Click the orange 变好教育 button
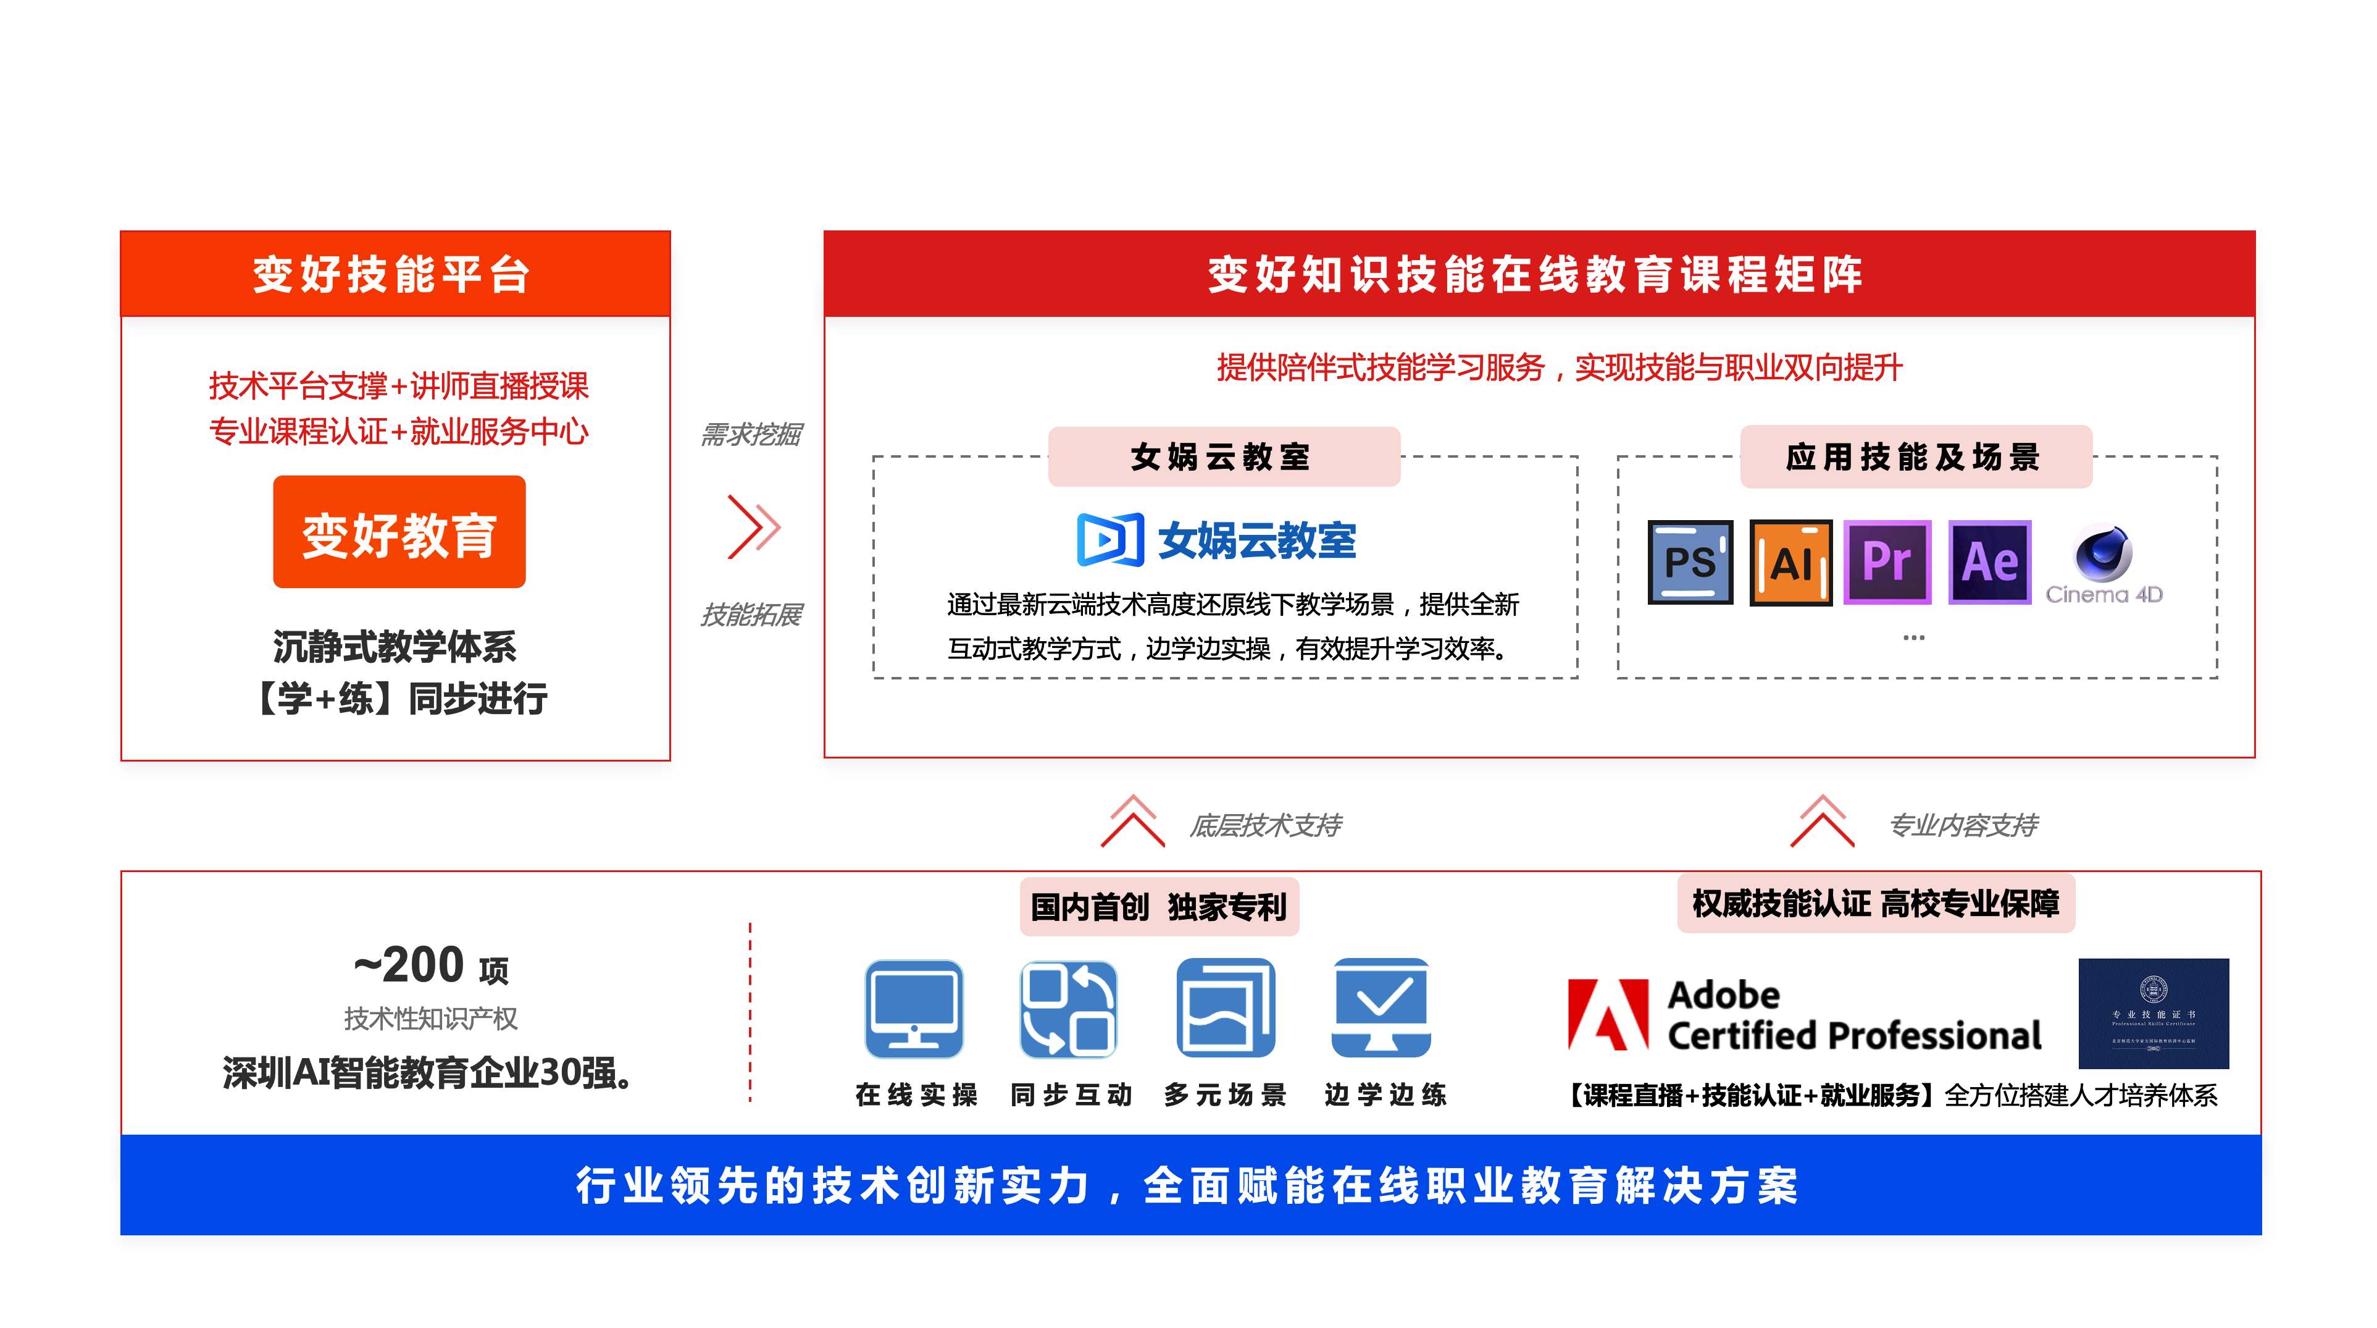point(399,532)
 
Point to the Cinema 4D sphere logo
point(2103,553)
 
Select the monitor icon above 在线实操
point(914,1008)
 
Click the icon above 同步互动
point(1069,1008)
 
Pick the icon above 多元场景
point(1226,1008)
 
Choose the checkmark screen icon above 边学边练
point(1381,1008)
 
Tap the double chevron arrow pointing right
point(754,527)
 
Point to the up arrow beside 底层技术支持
point(1132,820)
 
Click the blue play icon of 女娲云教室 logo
point(1110,539)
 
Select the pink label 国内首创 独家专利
point(1158,906)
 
